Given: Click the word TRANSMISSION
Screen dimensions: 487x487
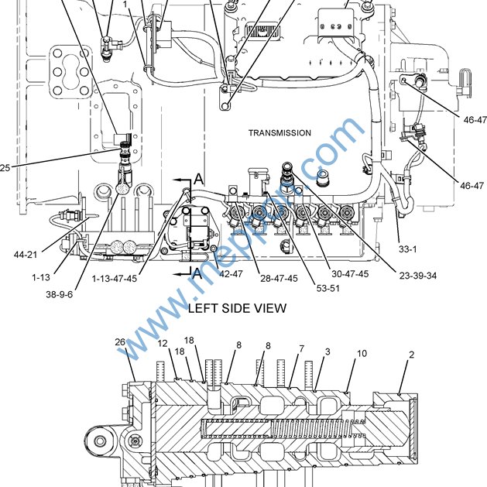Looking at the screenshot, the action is [280, 133].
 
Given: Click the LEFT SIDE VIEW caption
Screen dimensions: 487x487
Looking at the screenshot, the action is [237, 308].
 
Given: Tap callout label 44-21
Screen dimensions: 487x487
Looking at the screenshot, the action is [26, 255].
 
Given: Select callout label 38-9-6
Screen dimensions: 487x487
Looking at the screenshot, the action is [59, 294].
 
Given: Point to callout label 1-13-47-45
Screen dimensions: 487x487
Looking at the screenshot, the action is [115, 278].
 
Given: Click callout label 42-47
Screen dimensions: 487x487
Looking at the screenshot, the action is [231, 274].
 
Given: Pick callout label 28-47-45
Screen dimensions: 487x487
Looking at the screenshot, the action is [279, 278].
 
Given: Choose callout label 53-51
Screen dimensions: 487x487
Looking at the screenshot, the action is [328, 288].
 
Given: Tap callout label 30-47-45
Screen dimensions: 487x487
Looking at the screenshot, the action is [350, 274].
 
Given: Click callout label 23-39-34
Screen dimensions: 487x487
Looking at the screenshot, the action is [418, 276].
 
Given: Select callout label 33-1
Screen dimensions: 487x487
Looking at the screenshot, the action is [408, 249].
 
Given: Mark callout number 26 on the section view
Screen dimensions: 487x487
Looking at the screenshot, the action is [120, 342].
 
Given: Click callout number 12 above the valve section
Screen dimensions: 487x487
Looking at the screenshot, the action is [163, 343].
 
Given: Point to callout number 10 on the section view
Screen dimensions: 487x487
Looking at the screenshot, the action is [362, 354].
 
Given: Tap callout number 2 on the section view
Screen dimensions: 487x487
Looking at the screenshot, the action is [412, 355].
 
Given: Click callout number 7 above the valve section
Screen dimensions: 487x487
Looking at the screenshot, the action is [302, 348].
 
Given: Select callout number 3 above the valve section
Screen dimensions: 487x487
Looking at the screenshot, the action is [328, 352].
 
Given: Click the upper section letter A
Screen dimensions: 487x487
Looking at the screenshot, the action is [199, 180].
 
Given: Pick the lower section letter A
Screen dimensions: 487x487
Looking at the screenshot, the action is [197, 274].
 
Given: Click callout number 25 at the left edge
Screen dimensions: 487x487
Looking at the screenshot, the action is [5, 168].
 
